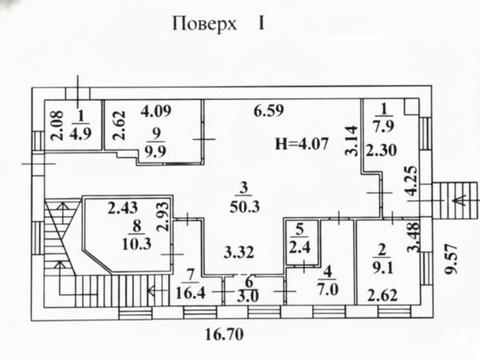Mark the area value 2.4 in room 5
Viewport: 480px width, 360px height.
[298, 249]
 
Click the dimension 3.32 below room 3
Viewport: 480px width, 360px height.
[239, 251]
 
